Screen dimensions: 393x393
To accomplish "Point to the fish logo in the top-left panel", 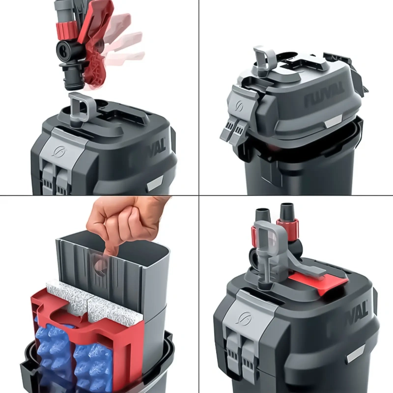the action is [60, 151].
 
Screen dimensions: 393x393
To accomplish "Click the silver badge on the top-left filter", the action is [155, 184].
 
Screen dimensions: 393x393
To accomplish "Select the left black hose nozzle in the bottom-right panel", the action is [263, 216].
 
